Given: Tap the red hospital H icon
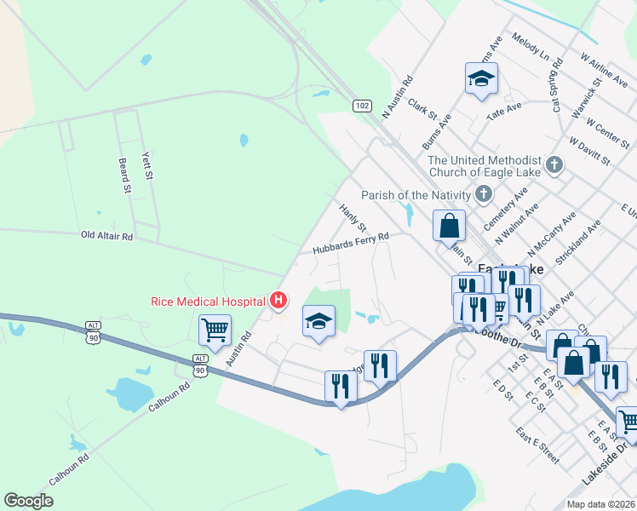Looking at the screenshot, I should click(277, 300).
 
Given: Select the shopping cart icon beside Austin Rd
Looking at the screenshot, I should click(215, 330).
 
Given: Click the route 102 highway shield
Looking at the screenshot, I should click(363, 106).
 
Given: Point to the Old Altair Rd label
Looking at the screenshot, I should click(107, 235).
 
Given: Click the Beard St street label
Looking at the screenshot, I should click(124, 175).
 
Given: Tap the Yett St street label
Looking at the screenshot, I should click(146, 164).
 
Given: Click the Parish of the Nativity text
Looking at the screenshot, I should click(416, 195).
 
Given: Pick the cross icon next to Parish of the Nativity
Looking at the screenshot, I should click(483, 194).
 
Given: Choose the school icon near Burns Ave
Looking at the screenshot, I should click(481, 79).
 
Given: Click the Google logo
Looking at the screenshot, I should click(28, 501).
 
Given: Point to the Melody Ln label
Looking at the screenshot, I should click(531, 47).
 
